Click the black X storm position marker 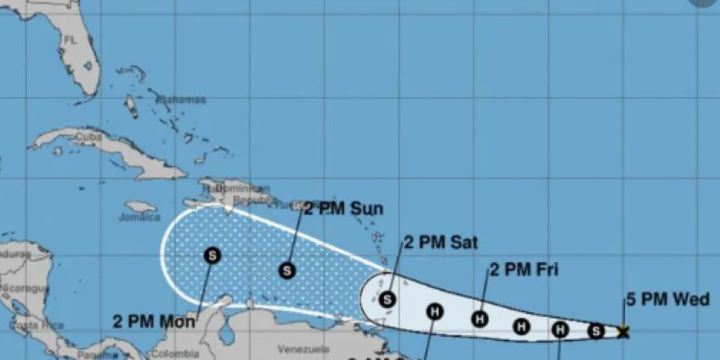coord(623,332)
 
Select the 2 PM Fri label coord(523,269)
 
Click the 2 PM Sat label coord(441,242)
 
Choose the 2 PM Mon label coord(154,322)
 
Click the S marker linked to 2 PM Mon coord(212,255)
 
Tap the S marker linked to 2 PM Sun coord(287,271)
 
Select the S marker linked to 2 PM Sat coord(387,300)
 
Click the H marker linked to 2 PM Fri coord(479,319)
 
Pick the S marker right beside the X coord(595,331)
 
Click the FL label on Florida coord(69,39)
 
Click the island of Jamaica coord(140,206)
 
